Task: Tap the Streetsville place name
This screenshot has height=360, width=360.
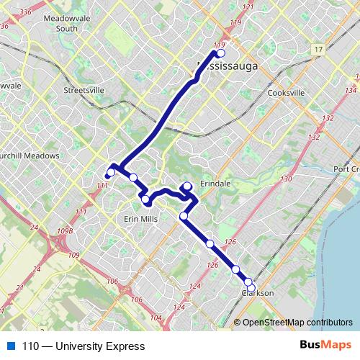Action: pyautogui.click(x=84, y=91)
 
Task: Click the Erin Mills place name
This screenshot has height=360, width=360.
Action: pyautogui.click(x=142, y=218)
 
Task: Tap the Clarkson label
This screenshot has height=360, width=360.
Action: pyautogui.click(x=258, y=293)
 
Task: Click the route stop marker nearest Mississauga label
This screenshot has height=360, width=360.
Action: pyautogui.click(x=220, y=53)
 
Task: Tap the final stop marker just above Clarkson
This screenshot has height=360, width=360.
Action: pyautogui.click(x=248, y=282)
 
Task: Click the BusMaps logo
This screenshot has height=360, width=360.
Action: pyautogui.click(x=325, y=346)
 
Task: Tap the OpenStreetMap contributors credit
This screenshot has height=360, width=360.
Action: pyautogui.click(x=296, y=323)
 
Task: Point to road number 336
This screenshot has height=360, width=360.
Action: pyautogui.click(x=27, y=12)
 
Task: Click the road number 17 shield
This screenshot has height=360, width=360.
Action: pyautogui.click(x=318, y=49)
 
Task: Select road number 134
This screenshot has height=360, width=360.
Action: pyautogui.click(x=351, y=91)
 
